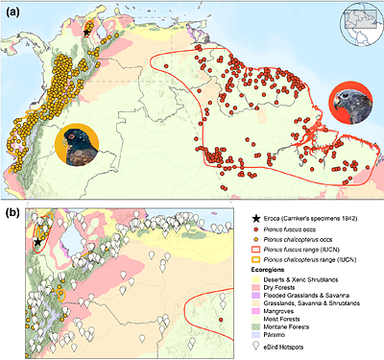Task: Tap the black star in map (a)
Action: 87,32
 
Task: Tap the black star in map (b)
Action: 37,243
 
